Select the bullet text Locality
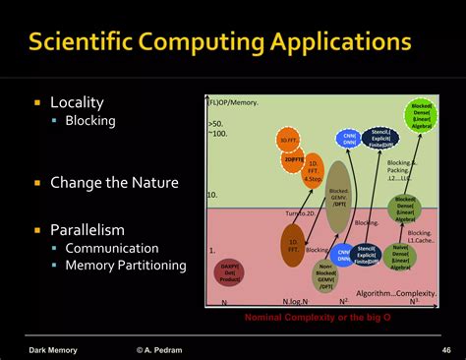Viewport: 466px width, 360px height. (x=77, y=102)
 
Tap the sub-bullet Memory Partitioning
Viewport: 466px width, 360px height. (x=126, y=265)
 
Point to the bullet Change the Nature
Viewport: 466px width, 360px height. (x=106, y=182)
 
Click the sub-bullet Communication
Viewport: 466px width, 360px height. (x=111, y=249)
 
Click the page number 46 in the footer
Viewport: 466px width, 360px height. (x=446, y=349)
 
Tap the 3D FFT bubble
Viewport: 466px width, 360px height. (x=287, y=140)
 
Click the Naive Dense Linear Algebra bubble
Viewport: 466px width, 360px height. (x=401, y=256)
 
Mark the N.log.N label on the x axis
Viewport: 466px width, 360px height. (x=295, y=302)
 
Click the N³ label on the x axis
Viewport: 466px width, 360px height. (x=415, y=300)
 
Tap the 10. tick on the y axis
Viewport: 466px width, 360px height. (x=211, y=196)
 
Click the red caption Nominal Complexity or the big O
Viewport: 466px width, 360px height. (x=317, y=317)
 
